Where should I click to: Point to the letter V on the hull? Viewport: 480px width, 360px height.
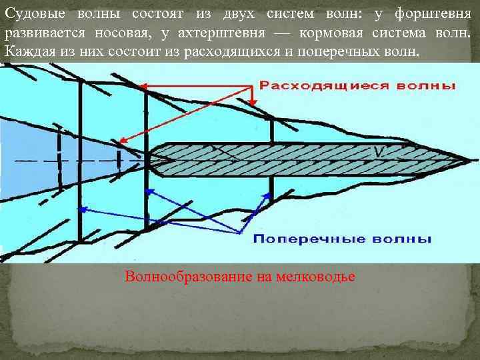pos(378,153)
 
